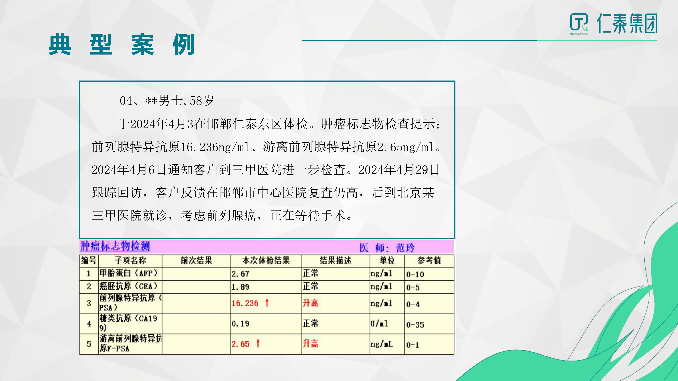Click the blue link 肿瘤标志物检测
tap(115, 246)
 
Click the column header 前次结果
tap(196, 261)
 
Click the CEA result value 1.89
tap(240, 287)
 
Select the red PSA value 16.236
tap(245, 303)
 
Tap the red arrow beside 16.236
tap(267, 303)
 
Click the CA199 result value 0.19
tap(240, 324)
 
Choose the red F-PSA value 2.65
tap(240, 344)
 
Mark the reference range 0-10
tap(415, 274)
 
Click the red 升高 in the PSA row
tap(310, 303)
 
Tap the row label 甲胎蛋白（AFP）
tap(128, 273)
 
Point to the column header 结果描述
tap(336, 261)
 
